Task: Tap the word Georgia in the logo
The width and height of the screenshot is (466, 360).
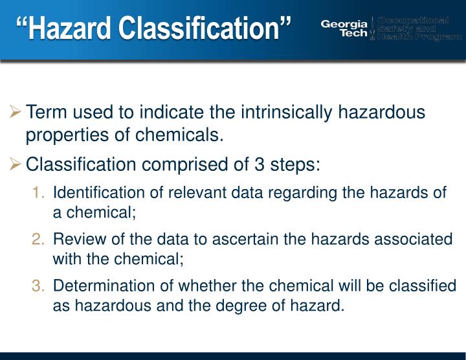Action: tap(344, 24)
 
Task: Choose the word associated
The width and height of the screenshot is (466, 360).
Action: tap(417, 239)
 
